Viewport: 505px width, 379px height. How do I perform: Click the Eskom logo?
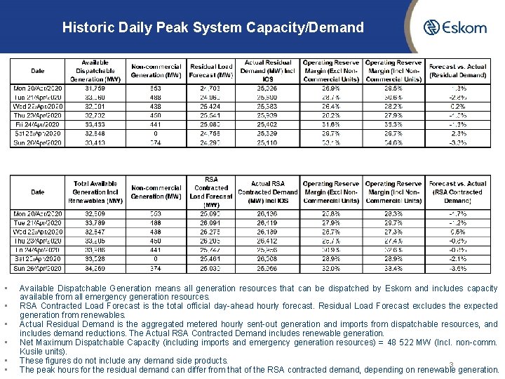(x=455, y=28)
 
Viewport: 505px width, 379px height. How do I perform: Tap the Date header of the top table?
(x=38, y=71)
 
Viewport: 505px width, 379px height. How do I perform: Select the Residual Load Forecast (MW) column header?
(x=211, y=71)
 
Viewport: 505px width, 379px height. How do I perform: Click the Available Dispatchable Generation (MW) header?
(x=95, y=71)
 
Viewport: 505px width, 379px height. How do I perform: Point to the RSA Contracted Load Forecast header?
(x=211, y=192)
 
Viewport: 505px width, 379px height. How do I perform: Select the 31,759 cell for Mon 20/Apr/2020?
(x=94, y=89)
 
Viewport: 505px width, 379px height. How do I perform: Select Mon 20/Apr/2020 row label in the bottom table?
(x=38, y=213)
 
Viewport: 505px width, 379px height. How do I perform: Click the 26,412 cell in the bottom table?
(x=267, y=241)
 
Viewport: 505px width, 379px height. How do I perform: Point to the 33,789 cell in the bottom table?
(x=94, y=222)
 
